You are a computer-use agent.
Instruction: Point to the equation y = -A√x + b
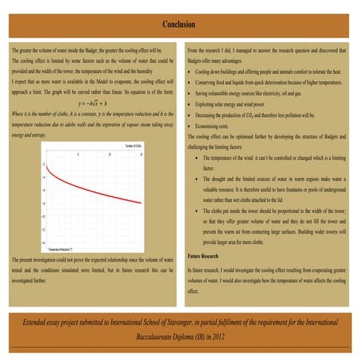pyautogui.click(x=93, y=103)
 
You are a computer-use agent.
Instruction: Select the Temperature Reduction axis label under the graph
pyautogui.click(x=60, y=249)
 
